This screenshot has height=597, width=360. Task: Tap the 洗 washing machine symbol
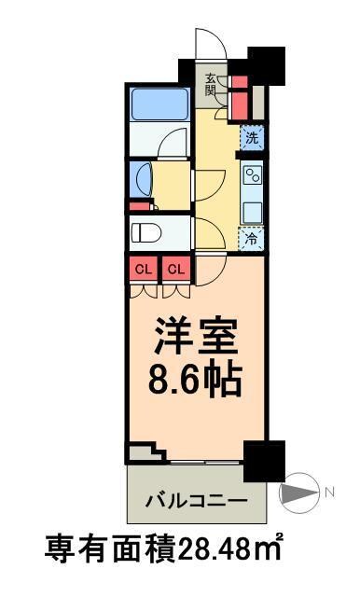(x=251, y=138)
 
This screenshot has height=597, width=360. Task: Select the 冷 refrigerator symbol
(x=251, y=239)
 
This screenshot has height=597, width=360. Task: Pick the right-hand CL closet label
(x=176, y=271)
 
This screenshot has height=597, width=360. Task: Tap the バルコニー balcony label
(x=196, y=500)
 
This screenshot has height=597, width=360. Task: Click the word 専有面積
(x=111, y=547)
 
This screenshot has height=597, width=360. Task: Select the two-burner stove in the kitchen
(x=252, y=176)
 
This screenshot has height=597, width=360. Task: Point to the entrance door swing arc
(x=207, y=42)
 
